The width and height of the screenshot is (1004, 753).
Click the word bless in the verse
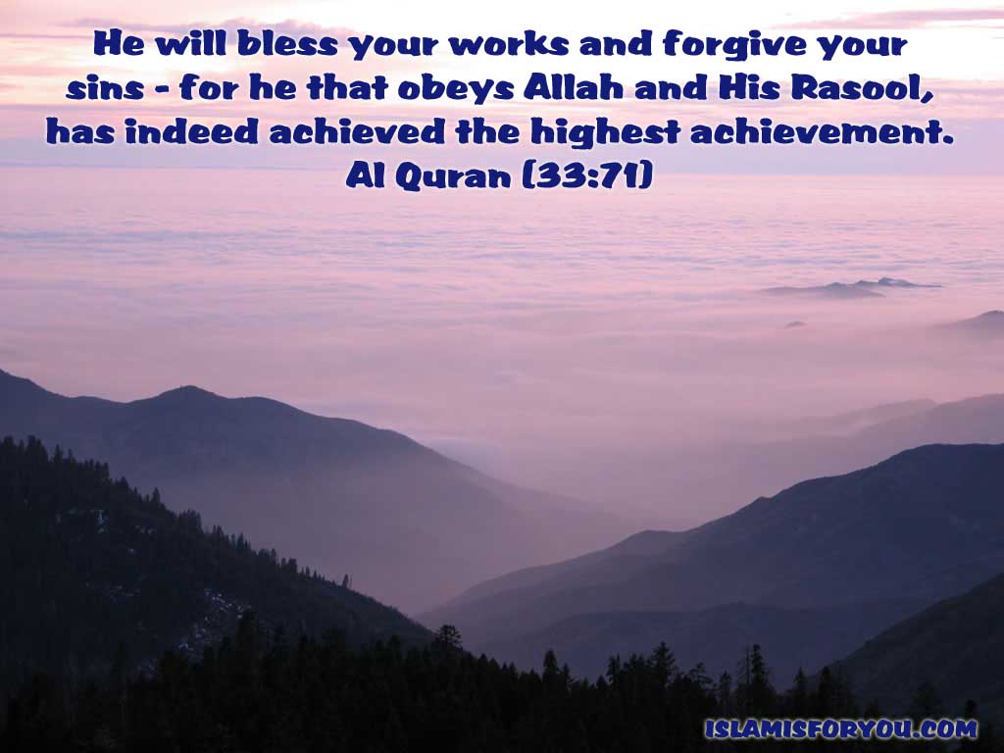(x=287, y=43)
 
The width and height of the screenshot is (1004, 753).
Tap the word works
(x=509, y=44)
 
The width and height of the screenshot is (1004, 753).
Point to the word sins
(x=105, y=88)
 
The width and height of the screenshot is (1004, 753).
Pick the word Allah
(x=573, y=87)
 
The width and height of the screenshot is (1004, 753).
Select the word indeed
(x=191, y=131)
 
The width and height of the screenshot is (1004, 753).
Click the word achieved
(x=357, y=131)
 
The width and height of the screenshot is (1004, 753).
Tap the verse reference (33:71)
(x=588, y=176)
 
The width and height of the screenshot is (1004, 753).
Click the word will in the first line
(x=191, y=43)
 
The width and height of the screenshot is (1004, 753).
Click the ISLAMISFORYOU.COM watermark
(x=840, y=728)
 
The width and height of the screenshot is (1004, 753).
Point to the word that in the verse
(x=347, y=87)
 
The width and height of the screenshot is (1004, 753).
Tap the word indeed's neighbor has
(x=80, y=131)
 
